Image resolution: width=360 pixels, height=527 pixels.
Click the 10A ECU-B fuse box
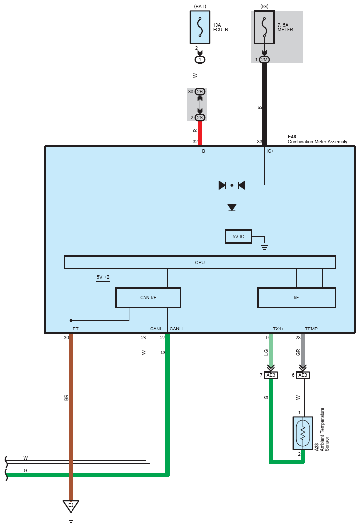200,27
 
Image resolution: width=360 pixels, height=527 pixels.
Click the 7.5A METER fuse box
264,27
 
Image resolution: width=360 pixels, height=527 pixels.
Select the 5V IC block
238,236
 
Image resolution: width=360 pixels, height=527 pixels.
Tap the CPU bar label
200,262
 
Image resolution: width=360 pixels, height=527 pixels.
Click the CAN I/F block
148,297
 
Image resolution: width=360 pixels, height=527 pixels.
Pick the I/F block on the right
296,297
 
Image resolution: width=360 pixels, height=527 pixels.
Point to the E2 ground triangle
71,506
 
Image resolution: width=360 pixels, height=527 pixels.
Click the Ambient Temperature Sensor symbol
303,433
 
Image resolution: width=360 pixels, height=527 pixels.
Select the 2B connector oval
200,92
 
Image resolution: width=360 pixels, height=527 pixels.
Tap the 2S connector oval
200,117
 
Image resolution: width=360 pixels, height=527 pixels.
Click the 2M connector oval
264,60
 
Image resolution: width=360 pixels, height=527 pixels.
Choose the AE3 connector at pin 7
271,375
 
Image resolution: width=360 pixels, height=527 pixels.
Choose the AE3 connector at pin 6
303,375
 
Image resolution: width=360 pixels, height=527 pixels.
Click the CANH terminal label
176,329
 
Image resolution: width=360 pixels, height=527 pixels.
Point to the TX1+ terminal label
278,329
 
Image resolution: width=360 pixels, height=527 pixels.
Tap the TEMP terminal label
311,329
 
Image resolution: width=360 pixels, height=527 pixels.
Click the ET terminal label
75,329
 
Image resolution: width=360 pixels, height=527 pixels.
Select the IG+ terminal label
270,151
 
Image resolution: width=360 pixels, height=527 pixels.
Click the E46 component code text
292,137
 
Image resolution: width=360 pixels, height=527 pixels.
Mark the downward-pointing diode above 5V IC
232,208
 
